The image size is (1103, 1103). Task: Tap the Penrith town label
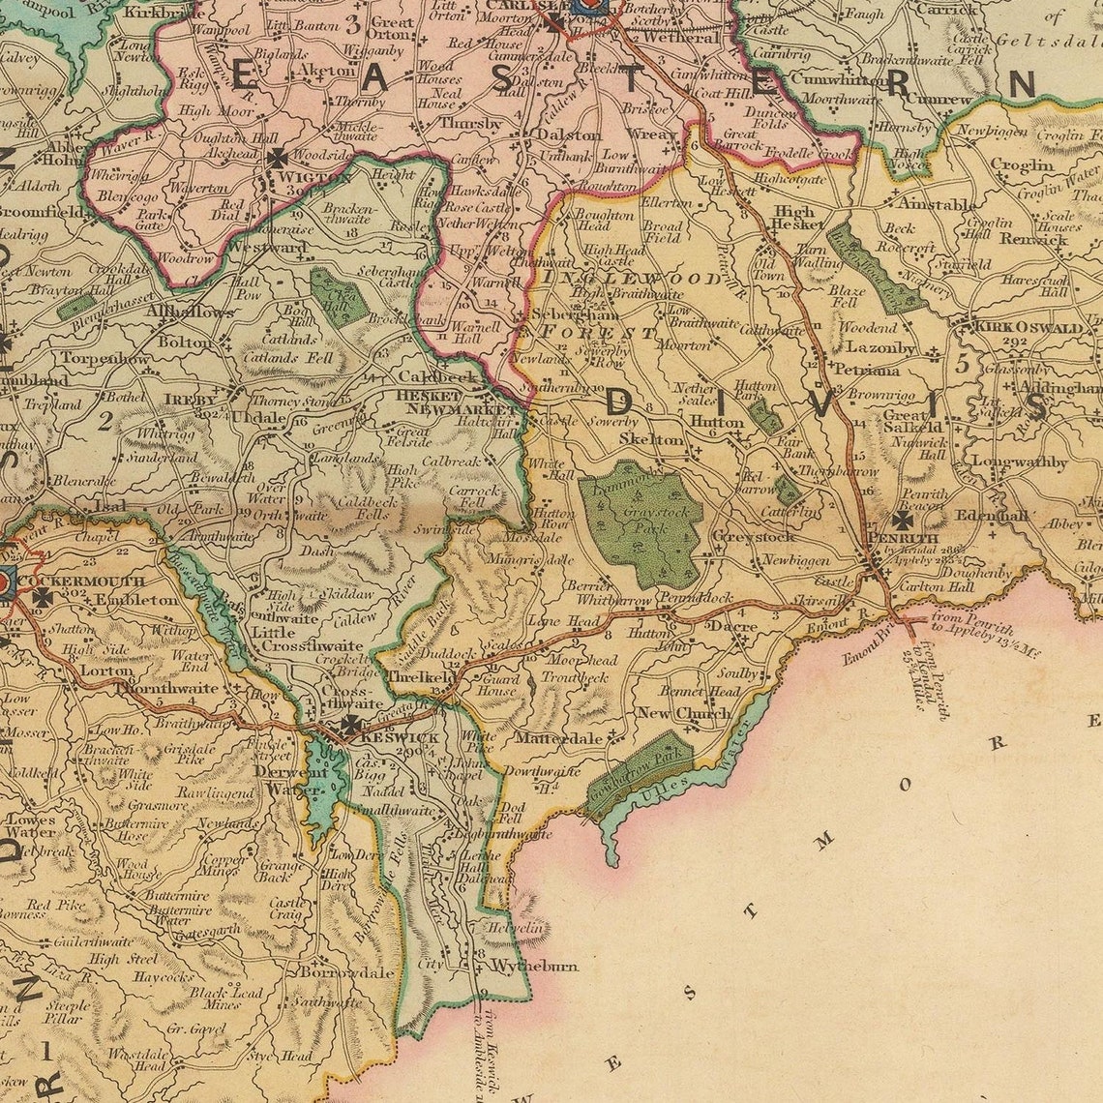[x=903, y=538]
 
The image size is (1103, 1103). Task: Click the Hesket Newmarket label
[x=446, y=402]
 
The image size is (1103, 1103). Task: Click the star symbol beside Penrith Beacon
[x=902, y=520]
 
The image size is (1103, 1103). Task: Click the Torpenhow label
[x=105, y=358]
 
